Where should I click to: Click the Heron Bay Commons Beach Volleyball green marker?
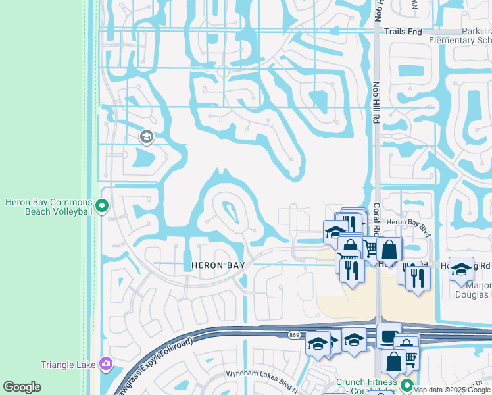102,207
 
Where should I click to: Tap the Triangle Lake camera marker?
106,364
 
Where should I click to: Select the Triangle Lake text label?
68,365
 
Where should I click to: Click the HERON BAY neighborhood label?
218,265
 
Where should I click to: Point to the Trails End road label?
403,31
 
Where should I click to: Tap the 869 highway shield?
293,336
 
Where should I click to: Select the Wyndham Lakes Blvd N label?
258,373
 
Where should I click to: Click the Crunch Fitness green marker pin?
407,386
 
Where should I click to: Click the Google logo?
22,386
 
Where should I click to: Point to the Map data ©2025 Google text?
452,390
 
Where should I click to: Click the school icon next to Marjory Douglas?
461,269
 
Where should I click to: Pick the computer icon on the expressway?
389,335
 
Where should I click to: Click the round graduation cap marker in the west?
146,137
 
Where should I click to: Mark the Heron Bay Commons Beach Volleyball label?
49,207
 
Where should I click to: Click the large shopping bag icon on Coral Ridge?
389,250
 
